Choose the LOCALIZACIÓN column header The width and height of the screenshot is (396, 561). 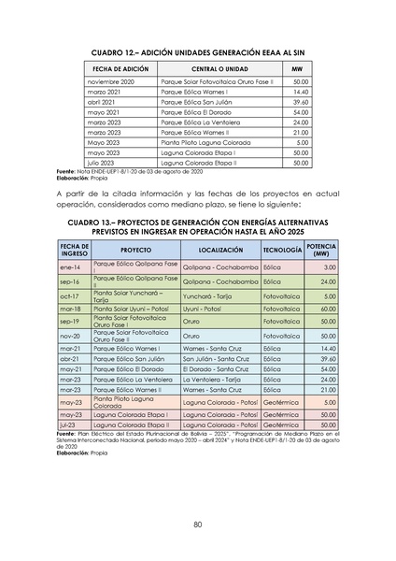220,252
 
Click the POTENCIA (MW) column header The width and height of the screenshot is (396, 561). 321,252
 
